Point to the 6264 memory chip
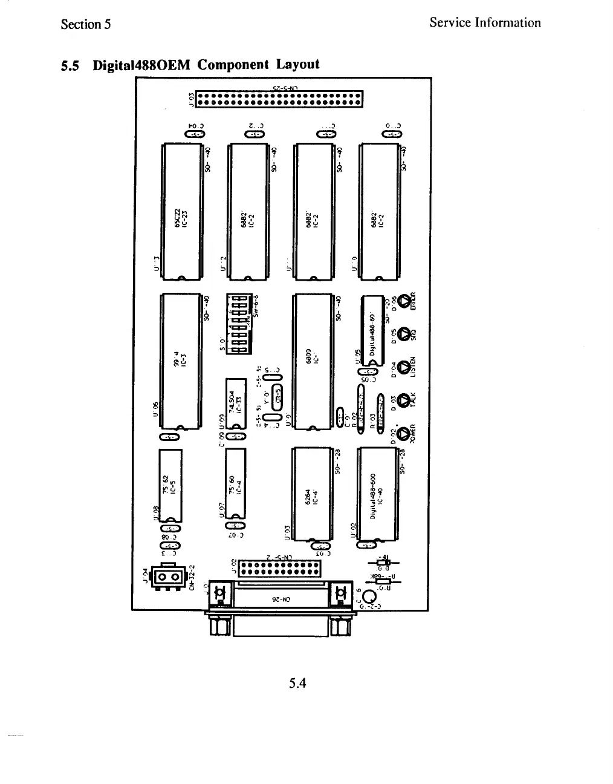[x=311, y=492]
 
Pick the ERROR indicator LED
[x=403, y=299]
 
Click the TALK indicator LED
[x=403, y=401]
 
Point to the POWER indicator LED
[x=403, y=433]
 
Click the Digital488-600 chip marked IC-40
[x=377, y=494]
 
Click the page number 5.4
[x=298, y=684]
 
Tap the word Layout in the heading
[x=297, y=64]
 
